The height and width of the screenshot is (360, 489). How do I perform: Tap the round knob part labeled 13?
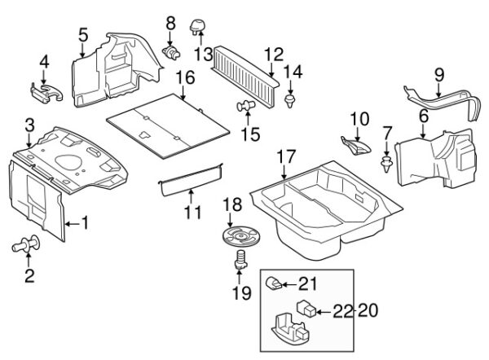(196, 27)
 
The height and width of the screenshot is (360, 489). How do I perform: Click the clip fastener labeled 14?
(292, 100)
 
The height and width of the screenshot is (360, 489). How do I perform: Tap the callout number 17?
(284, 155)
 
